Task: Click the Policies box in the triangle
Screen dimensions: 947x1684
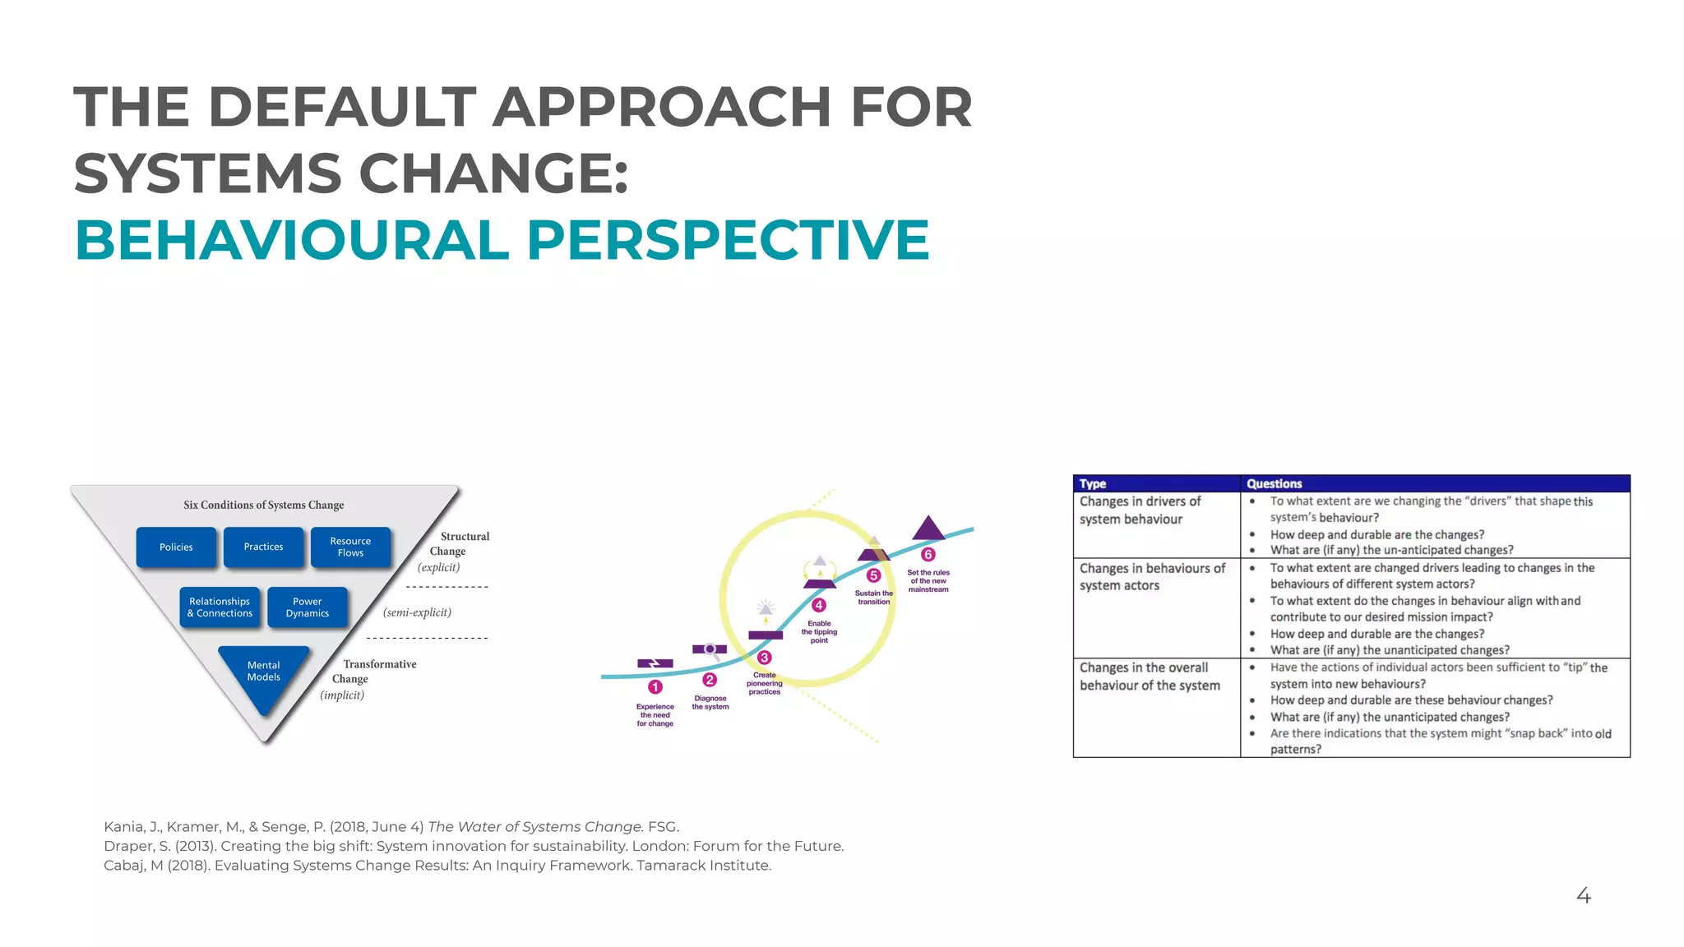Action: [x=176, y=547]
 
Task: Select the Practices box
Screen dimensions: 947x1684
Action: [x=263, y=547]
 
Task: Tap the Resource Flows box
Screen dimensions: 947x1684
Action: [x=350, y=547]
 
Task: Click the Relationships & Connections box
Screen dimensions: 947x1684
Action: [x=220, y=607]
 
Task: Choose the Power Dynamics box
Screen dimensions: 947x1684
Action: [x=307, y=607]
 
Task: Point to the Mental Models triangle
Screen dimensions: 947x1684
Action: [x=263, y=673]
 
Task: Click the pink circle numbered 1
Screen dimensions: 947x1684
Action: [x=655, y=686]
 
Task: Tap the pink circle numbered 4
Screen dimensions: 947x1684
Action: [x=819, y=605]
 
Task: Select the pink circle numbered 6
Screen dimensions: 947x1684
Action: [x=928, y=555]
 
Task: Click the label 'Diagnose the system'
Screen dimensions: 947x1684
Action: [x=710, y=702]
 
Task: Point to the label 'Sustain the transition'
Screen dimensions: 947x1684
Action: [x=873, y=598]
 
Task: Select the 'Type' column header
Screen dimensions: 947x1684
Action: [x=1093, y=483]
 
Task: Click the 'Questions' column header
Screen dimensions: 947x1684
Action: [x=1274, y=483]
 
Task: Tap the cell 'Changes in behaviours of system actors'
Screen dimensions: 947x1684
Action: [x=1152, y=576]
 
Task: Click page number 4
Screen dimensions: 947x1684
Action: [x=1584, y=895]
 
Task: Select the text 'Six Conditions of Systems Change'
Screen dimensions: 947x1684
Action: [x=263, y=505]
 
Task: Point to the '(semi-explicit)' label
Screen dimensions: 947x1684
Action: [x=417, y=612]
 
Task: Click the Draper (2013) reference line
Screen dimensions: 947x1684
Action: [x=473, y=846]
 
